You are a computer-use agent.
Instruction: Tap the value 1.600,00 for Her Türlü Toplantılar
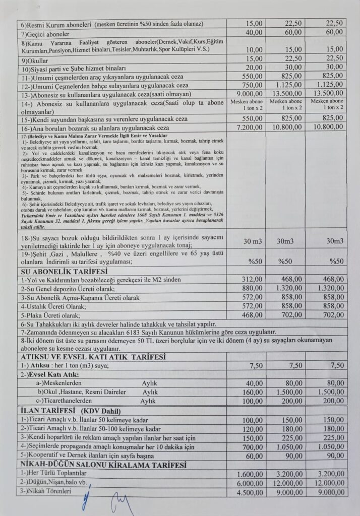(250, 474)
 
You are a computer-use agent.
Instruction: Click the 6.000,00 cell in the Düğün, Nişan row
(250, 483)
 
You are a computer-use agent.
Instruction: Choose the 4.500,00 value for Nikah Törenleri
(250, 492)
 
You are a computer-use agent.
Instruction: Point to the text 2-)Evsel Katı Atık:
(49, 374)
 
